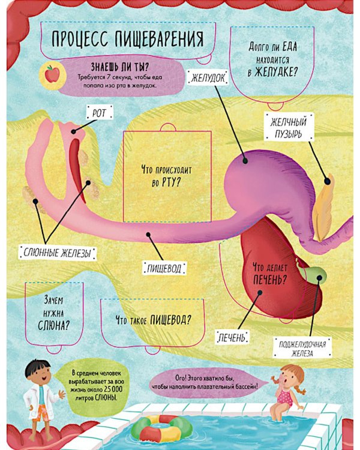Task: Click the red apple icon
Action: click(52, 74)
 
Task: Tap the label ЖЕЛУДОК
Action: click(208, 77)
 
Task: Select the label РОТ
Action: click(99, 113)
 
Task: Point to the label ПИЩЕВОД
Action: click(164, 268)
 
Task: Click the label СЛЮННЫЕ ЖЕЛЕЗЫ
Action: click(57, 253)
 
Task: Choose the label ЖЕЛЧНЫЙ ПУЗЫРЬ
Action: click(289, 128)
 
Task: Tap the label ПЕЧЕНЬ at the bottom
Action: click(232, 337)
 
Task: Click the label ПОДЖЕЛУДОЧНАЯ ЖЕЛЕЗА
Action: click(302, 348)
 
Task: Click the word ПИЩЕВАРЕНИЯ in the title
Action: click(160, 39)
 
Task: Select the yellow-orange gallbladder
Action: click(323, 208)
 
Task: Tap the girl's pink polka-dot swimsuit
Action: click(284, 397)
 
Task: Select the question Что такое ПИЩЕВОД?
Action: click(154, 319)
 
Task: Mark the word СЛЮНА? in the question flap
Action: click(54, 325)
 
